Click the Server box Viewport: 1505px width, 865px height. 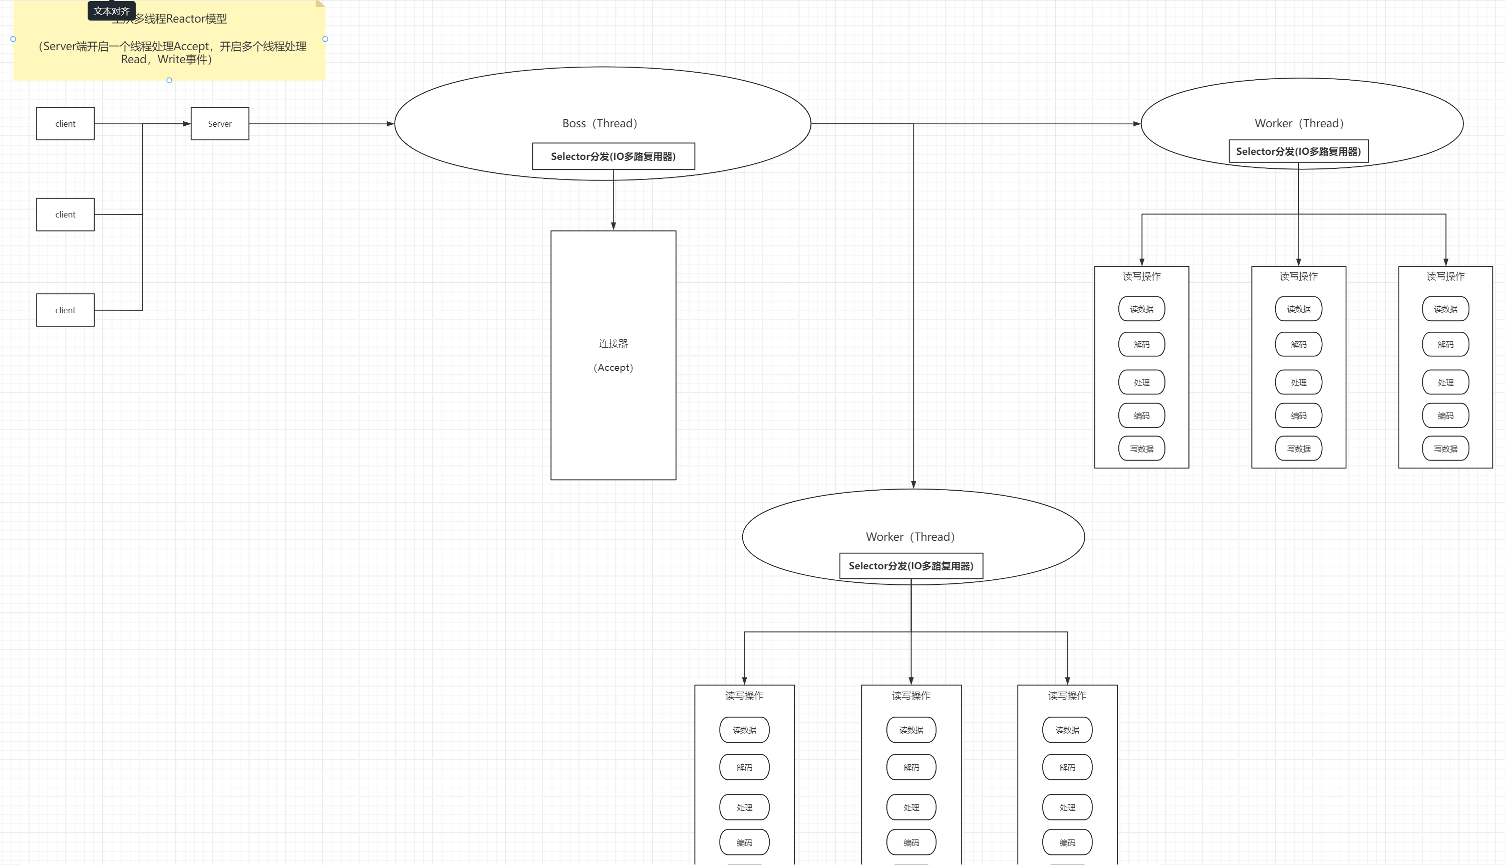click(x=220, y=124)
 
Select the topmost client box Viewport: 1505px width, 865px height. click(x=65, y=124)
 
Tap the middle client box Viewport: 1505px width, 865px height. click(x=65, y=214)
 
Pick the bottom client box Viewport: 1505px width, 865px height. click(x=65, y=310)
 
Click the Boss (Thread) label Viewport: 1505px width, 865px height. click(x=599, y=123)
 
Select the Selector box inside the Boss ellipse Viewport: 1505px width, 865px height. click(x=614, y=156)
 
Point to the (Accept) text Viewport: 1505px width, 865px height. click(x=614, y=368)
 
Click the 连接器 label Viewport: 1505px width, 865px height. click(x=614, y=343)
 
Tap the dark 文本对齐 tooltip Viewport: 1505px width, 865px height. click(x=112, y=11)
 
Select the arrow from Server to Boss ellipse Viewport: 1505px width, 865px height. click(x=321, y=124)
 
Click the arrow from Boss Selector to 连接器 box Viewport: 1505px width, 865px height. click(x=614, y=199)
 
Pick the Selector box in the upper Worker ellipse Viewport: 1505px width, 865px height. click(x=1298, y=151)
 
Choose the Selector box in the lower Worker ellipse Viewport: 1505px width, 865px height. click(x=911, y=566)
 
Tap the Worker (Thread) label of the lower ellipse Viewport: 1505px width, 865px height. click(x=910, y=536)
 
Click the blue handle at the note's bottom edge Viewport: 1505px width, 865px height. click(x=169, y=80)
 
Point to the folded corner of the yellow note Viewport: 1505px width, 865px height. click(x=321, y=4)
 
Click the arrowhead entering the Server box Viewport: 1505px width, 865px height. click(x=186, y=124)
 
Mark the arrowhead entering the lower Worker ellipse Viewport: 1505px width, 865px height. click(x=913, y=485)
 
